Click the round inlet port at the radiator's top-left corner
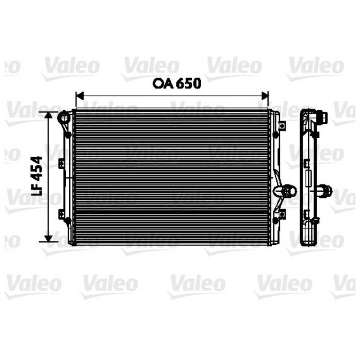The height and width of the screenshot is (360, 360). pos(64,118)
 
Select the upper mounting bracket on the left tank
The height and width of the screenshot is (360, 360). pos(61,164)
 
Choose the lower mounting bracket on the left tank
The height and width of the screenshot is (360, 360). pos(61,214)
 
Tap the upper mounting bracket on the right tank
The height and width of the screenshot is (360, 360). pos(282,125)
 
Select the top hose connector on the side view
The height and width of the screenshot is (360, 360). pos(322,117)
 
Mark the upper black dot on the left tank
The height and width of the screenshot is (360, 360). pos(67,135)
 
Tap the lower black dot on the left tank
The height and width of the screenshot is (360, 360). pos(67,220)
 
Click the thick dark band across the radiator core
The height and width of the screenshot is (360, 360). pos(171,211)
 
